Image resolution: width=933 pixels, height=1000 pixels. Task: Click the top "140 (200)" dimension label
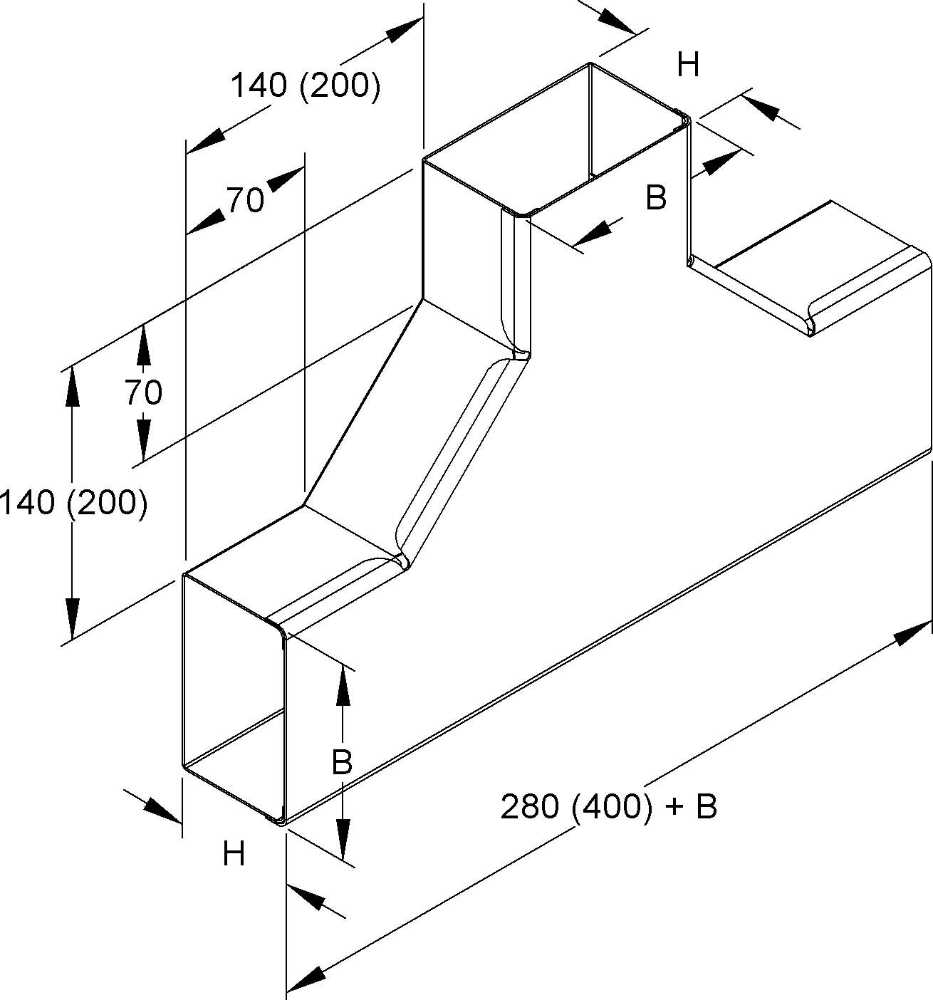304,86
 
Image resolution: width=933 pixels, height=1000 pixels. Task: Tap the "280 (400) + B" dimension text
608,807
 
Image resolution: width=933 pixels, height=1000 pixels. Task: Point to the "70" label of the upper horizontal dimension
246,201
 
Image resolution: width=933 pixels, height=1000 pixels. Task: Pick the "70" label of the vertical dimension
143,392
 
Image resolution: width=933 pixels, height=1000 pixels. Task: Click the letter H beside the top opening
688,66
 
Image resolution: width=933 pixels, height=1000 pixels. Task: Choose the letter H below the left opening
234,853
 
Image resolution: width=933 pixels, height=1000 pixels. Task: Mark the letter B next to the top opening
656,198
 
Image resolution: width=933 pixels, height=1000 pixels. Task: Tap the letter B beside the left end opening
343,764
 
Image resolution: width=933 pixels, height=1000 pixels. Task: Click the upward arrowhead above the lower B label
343,685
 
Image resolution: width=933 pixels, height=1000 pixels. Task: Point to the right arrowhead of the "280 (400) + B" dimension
912,633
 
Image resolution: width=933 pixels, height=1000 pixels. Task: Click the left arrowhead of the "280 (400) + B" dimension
304,979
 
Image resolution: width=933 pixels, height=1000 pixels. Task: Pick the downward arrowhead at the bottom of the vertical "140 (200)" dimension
71,618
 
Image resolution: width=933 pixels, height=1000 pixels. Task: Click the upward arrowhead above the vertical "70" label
143,344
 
